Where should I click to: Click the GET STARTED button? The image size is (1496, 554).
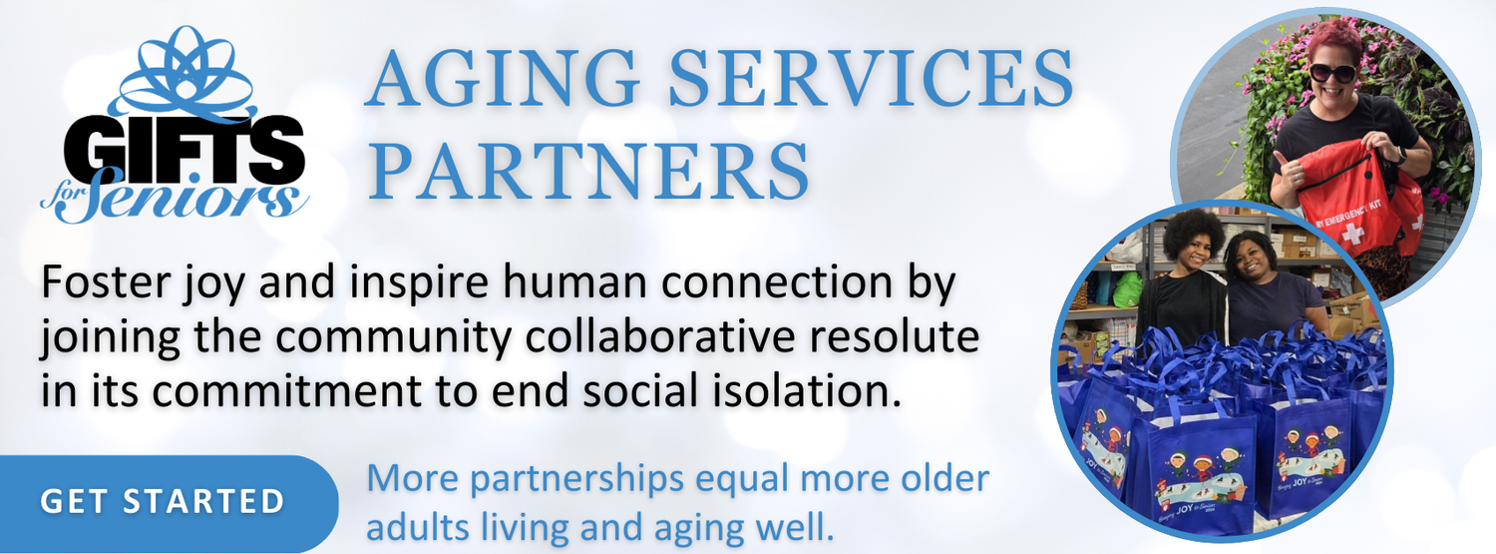164,502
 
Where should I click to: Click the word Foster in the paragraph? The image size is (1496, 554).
105,281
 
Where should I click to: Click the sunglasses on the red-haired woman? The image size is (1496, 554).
1333,72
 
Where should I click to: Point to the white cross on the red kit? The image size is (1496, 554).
1351,233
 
